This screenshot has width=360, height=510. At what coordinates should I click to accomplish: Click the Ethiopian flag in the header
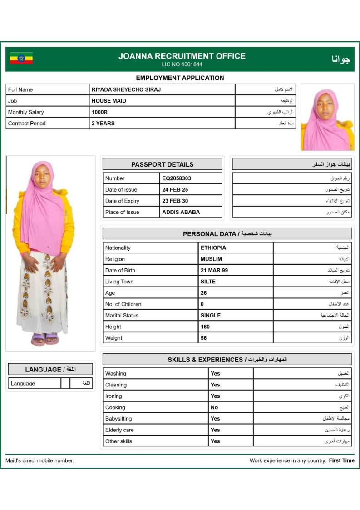[21, 59]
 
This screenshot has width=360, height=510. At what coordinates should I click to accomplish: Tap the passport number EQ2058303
[177, 178]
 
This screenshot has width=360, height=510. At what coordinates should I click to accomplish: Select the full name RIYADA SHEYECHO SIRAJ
[126, 89]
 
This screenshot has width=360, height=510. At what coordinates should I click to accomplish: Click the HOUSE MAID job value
[109, 101]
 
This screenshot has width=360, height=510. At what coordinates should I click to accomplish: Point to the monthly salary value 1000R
[99, 112]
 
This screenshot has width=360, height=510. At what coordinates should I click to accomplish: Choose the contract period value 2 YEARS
[103, 123]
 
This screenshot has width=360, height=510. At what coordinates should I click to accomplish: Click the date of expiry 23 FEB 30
[175, 201]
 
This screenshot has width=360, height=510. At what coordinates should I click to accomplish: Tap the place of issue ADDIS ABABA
[181, 212]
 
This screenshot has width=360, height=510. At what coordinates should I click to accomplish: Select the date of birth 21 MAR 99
[214, 270]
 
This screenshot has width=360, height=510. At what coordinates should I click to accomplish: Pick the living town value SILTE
[208, 282]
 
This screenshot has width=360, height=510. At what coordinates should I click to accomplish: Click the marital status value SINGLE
[211, 315]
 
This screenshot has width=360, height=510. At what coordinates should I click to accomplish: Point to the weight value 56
[204, 338]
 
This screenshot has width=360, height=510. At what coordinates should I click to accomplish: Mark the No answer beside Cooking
[214, 407]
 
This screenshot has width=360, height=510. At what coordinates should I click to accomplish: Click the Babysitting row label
[118, 419]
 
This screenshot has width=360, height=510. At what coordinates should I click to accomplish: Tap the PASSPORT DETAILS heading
[162, 164]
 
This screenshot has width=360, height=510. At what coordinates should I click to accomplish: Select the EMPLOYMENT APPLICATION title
[180, 78]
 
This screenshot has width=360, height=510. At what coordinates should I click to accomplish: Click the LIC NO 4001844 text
[182, 64]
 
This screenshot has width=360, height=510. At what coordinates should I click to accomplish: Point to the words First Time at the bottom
[341, 460]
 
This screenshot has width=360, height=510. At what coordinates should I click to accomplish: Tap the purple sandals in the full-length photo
[45, 339]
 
